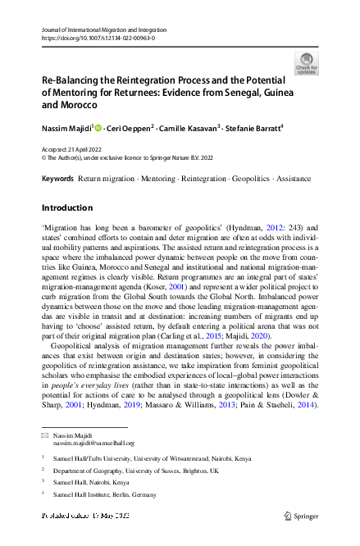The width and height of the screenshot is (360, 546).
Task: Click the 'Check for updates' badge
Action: (308, 64)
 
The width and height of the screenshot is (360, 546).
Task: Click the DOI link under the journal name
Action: (98, 38)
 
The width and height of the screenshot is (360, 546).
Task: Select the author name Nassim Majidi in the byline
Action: (69, 129)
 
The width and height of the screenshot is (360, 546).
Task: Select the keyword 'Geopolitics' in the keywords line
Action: (254, 178)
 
